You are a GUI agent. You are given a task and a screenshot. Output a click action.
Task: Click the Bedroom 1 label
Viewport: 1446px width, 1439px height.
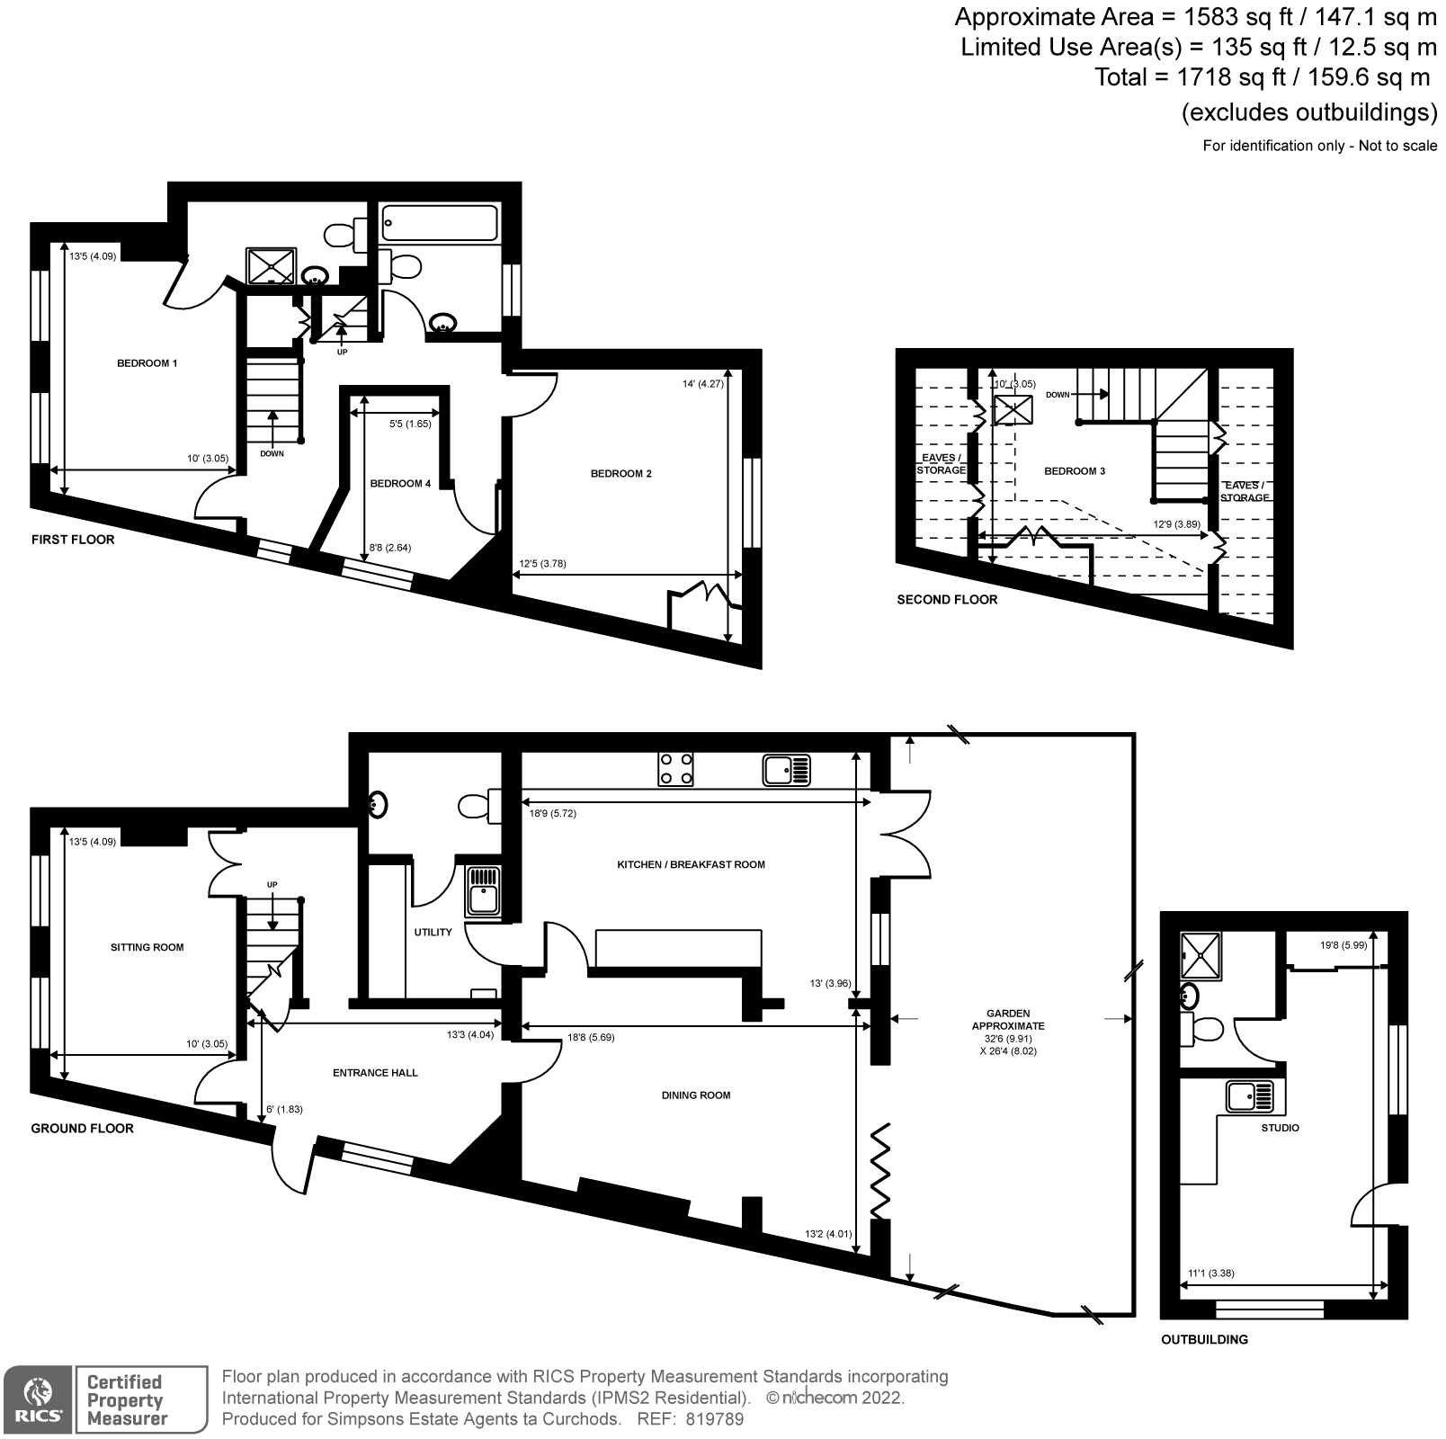147,363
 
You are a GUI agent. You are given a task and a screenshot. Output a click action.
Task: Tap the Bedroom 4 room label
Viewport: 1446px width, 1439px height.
400,484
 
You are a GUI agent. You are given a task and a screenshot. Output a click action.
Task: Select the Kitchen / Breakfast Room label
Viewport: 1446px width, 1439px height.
691,864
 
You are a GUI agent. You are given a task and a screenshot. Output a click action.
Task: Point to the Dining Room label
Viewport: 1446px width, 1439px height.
696,1095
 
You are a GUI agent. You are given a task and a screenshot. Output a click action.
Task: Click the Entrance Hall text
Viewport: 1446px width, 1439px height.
375,1073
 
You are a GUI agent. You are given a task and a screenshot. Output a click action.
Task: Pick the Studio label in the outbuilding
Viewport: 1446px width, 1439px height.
1280,1128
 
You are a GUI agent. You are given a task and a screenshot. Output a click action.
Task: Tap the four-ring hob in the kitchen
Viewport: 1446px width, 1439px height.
676,769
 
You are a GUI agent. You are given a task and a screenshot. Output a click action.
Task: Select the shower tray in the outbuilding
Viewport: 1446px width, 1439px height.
1201,955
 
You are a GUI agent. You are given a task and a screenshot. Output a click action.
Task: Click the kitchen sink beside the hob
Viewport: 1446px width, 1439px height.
787,770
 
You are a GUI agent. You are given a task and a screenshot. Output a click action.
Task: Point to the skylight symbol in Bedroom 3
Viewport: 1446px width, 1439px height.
1013,409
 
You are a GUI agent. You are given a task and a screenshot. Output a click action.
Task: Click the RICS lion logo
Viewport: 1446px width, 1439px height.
37,1400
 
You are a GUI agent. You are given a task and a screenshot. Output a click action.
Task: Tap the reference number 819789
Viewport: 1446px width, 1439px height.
714,1419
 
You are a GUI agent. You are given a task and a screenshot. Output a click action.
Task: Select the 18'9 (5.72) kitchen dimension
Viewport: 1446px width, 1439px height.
552,813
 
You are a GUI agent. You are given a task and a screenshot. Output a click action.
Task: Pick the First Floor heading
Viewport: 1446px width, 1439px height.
73,540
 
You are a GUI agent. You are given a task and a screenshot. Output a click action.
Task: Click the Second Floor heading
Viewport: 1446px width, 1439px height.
947,599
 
